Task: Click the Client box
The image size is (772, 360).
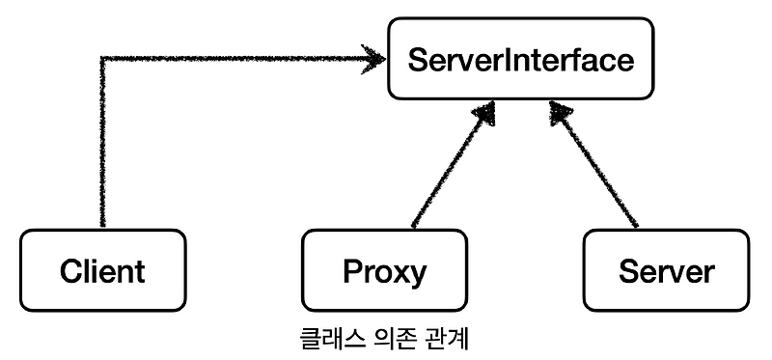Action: click(x=101, y=270)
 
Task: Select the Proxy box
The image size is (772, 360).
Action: click(x=384, y=270)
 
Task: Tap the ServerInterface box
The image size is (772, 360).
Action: click(x=520, y=61)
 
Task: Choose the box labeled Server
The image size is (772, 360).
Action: click(x=667, y=270)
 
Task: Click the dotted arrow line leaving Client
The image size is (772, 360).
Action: click(x=101, y=145)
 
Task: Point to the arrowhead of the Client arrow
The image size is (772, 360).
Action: click(x=374, y=61)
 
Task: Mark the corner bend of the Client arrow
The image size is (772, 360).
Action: click(x=102, y=62)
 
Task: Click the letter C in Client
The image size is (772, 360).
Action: click(x=69, y=271)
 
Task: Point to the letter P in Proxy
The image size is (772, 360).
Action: click(x=351, y=271)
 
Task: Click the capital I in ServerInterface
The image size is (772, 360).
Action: click(x=502, y=61)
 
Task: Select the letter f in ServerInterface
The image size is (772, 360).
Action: click(x=575, y=60)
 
